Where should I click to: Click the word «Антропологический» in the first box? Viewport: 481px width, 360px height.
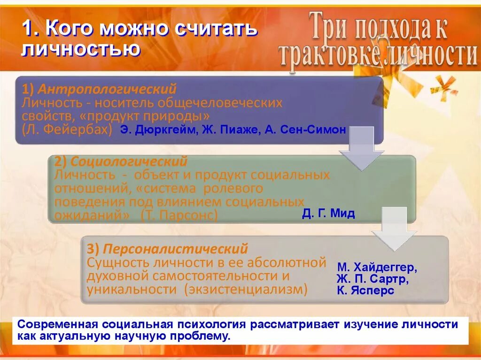[108, 89]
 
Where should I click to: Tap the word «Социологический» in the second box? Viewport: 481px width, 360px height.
[129, 162]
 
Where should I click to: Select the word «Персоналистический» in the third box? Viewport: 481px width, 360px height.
[176, 248]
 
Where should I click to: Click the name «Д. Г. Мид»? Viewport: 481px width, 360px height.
[328, 214]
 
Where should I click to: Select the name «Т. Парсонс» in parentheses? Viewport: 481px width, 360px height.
[179, 215]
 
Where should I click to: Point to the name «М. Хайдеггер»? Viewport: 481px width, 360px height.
[377, 268]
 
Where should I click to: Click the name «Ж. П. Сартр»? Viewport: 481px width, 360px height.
[372, 279]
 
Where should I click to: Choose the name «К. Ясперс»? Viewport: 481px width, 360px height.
[365, 291]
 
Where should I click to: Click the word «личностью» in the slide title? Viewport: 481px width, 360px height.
[80, 49]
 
